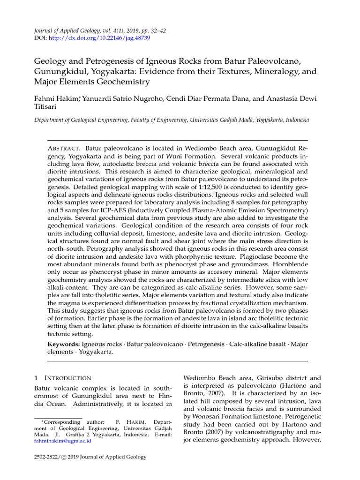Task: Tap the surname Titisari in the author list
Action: [x=46, y=107]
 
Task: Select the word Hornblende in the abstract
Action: [x=290, y=265]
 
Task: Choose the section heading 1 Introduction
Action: [x=63, y=378]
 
